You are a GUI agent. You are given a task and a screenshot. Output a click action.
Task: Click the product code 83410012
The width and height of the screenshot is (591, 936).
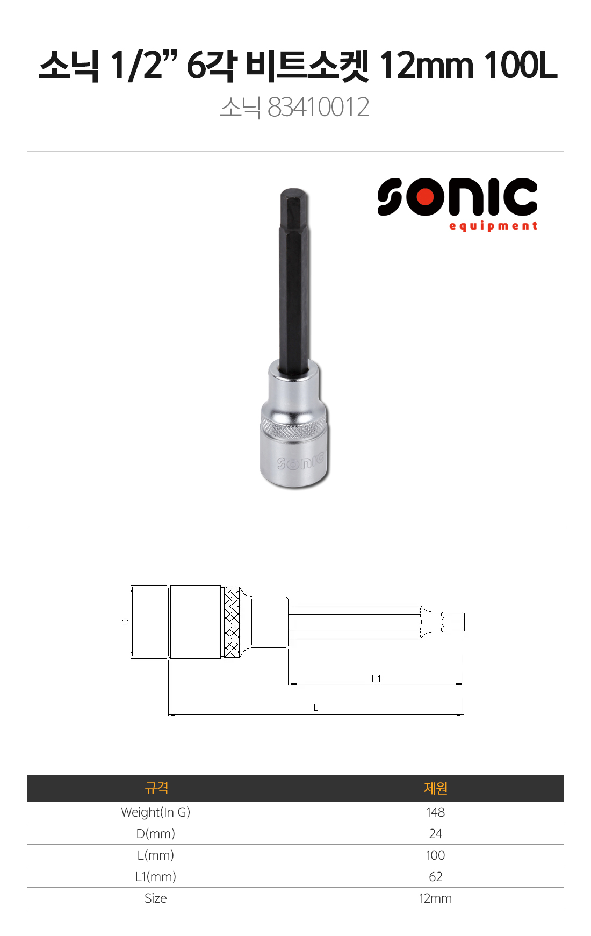pyautogui.click(x=318, y=107)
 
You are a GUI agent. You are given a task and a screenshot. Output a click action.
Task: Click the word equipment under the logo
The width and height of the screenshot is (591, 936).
pyautogui.click(x=493, y=226)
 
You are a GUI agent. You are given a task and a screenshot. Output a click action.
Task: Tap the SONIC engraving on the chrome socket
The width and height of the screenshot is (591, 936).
pyautogui.click(x=301, y=461)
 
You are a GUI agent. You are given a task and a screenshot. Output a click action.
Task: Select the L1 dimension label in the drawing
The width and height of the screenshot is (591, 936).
pyautogui.click(x=376, y=679)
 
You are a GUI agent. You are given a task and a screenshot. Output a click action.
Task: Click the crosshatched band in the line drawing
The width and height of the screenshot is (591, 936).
pyautogui.click(x=232, y=622)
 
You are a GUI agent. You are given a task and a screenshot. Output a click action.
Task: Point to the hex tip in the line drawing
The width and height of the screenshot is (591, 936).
pyautogui.click(x=453, y=622)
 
